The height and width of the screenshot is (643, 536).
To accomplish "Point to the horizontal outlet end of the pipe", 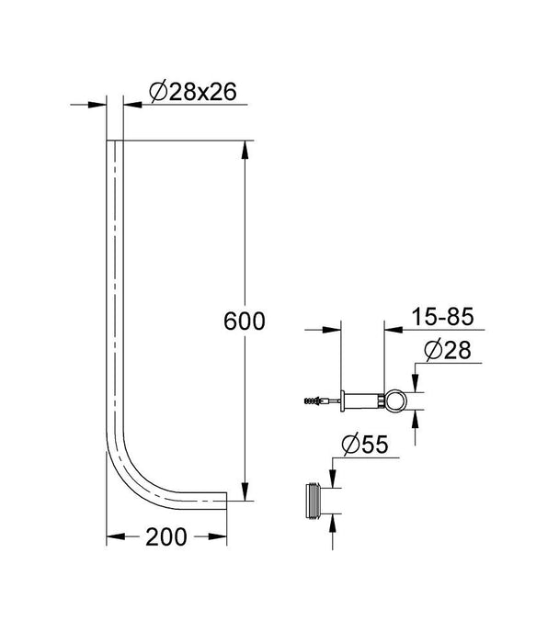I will click(225, 500).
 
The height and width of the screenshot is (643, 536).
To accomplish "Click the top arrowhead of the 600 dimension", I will click(245, 148).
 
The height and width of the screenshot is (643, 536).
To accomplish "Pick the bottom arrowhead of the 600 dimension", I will click(245, 494).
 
